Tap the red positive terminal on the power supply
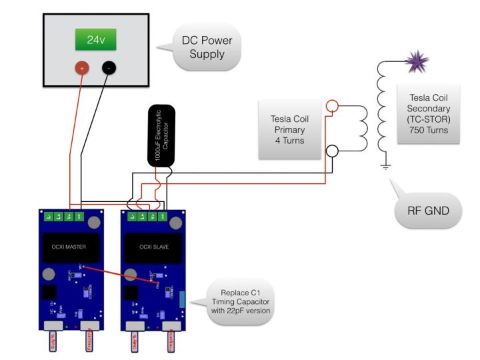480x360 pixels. tap(82, 67)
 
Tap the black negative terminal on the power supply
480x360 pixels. tap(109, 67)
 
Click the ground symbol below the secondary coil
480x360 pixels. tap(385, 166)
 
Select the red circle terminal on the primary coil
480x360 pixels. tap(332, 106)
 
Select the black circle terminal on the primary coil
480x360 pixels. tap(332, 151)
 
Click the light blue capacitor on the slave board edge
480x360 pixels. tap(183, 299)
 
